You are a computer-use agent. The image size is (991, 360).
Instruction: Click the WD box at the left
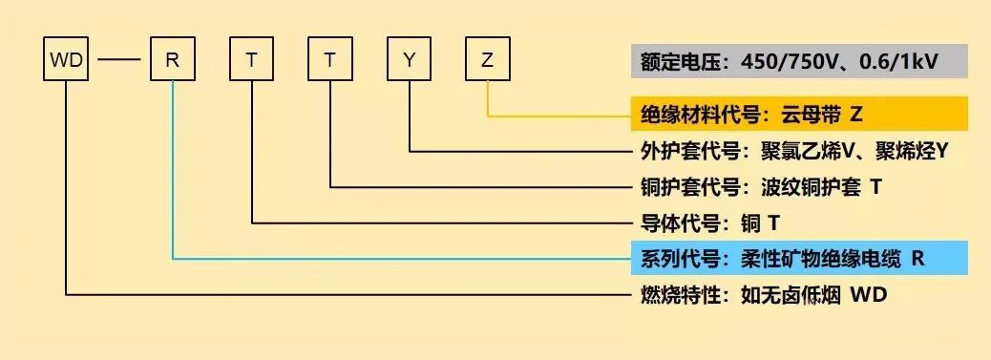click(67, 61)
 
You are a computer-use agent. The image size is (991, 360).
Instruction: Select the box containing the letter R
click(173, 61)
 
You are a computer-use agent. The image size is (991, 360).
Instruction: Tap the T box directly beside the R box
click(252, 61)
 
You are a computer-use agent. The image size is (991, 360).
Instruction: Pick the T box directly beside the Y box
click(330, 61)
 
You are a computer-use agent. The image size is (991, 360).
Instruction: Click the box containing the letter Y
click(409, 61)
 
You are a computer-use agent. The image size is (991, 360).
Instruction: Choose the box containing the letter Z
click(488, 61)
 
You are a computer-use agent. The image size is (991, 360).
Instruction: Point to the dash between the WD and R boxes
click(119, 62)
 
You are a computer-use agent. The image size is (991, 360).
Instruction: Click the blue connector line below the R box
click(173, 172)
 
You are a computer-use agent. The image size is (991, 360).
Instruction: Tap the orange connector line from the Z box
click(489, 100)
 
